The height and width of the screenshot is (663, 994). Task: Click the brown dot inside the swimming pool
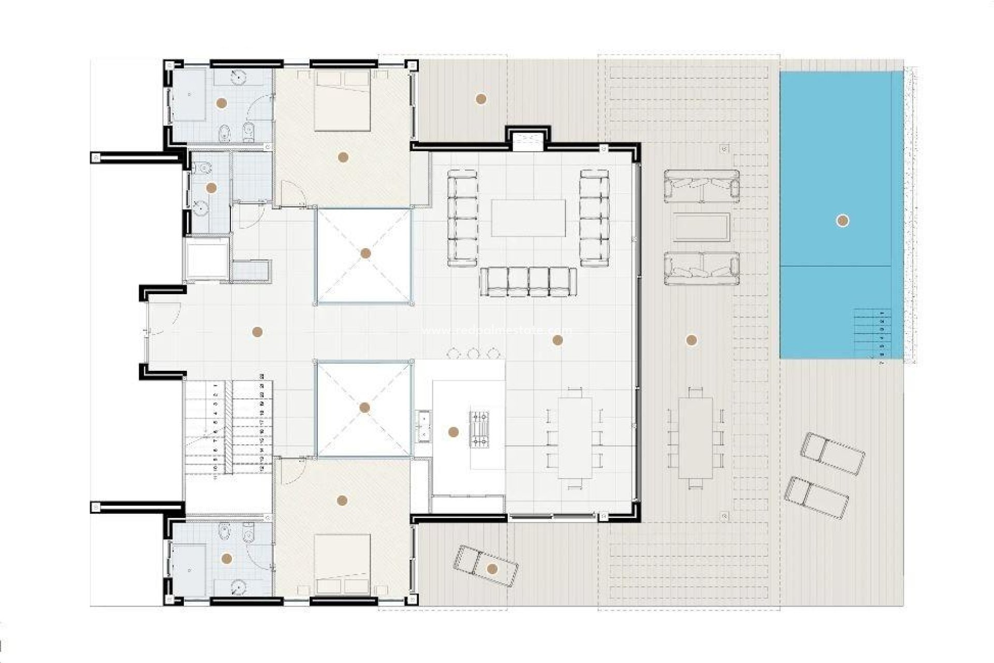click(842, 221)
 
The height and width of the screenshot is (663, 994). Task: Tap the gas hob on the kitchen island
click(479, 429)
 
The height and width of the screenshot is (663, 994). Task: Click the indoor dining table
click(575, 438)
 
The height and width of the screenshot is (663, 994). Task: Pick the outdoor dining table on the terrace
click(695, 438)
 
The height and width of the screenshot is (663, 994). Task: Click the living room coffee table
click(528, 218)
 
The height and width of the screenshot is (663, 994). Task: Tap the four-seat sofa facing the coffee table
click(528, 282)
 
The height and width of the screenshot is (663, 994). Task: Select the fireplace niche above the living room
click(528, 140)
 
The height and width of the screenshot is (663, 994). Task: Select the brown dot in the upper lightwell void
click(366, 253)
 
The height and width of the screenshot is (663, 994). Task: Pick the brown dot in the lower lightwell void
click(364, 408)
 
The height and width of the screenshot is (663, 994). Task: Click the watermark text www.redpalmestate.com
click(497, 330)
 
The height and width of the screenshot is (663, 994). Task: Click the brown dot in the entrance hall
click(257, 332)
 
